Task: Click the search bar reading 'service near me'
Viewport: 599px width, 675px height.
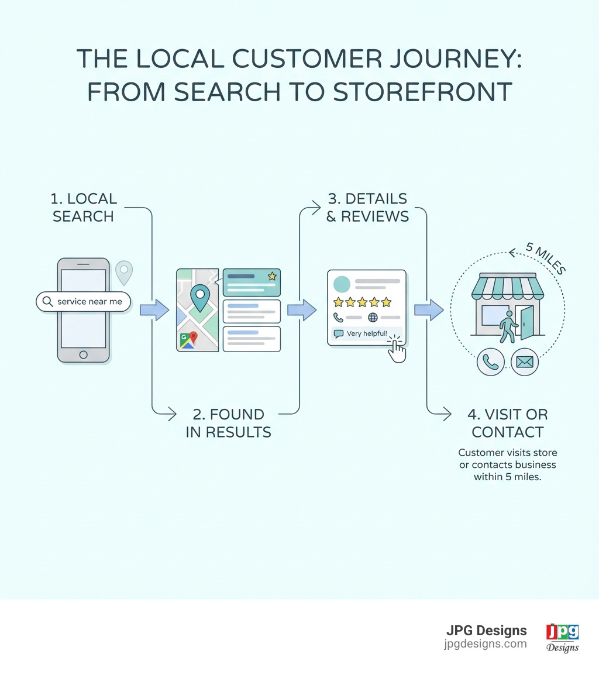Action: tap(83, 302)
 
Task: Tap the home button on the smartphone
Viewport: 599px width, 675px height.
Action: tap(83, 354)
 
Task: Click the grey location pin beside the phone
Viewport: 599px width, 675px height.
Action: tap(124, 272)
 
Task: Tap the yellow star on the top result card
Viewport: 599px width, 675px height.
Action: tap(271, 276)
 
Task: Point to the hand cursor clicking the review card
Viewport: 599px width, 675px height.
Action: tap(397, 350)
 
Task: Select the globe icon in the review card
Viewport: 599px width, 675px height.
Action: tap(373, 318)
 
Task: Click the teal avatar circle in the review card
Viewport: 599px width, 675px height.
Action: tap(342, 284)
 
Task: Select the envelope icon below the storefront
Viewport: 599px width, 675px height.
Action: tap(525, 363)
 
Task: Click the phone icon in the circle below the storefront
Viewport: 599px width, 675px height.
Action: tap(490, 363)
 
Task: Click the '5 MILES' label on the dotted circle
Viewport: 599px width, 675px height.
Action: tap(545, 258)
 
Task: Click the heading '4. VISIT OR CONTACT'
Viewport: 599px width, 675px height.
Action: tap(508, 423)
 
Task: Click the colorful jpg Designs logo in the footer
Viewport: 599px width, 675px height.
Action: tap(562, 637)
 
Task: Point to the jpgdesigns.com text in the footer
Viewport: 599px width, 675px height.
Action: tap(485, 644)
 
